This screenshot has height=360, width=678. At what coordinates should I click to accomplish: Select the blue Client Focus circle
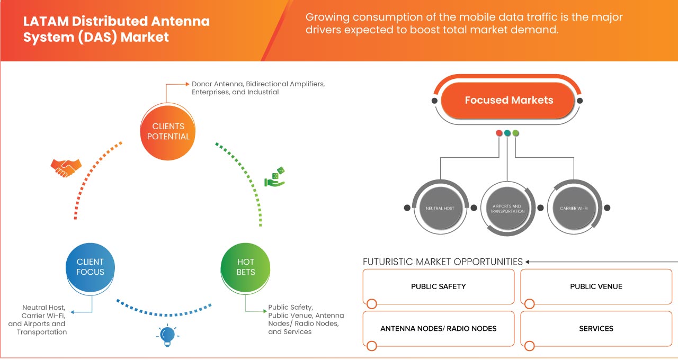click(x=91, y=267)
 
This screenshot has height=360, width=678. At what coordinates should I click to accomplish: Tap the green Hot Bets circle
click(x=245, y=267)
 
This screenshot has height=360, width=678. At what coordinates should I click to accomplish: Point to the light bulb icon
click(x=167, y=336)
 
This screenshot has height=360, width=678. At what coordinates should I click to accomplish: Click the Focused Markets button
click(x=508, y=100)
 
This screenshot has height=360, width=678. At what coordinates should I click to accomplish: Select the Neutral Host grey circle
click(x=440, y=208)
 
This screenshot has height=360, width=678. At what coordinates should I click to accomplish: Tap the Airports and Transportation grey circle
click(x=507, y=208)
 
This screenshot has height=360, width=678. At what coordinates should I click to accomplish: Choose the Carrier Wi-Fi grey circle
click(x=574, y=208)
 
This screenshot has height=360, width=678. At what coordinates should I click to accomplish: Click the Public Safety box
click(x=439, y=286)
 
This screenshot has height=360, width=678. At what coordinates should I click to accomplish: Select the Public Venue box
click(x=596, y=286)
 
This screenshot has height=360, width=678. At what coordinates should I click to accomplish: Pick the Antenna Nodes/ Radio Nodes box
click(x=439, y=329)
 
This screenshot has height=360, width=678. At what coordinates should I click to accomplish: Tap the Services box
click(x=596, y=329)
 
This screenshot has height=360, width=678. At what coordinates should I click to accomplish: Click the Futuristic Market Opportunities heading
click(x=443, y=262)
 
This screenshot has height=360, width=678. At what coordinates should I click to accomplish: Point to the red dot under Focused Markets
click(x=499, y=133)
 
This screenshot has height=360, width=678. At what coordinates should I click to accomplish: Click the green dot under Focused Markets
click(x=516, y=133)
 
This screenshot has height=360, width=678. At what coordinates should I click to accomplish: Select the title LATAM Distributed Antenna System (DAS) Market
click(x=117, y=29)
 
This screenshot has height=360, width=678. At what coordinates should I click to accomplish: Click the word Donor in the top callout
click(x=201, y=84)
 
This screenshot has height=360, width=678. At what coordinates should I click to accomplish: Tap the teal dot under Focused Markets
click(x=507, y=133)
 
